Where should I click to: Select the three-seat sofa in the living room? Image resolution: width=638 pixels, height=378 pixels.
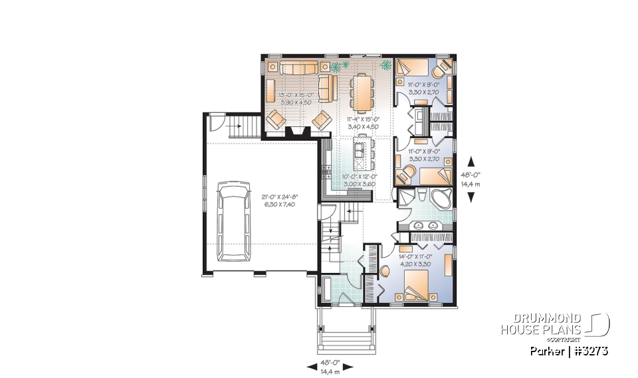click(x=298, y=68)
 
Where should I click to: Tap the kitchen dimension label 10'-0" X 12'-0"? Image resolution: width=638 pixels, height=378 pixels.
click(x=360, y=176)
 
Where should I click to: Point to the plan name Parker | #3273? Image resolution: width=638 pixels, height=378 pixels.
click(x=570, y=350)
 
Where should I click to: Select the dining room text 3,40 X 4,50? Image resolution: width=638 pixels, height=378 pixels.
click(x=364, y=126)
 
